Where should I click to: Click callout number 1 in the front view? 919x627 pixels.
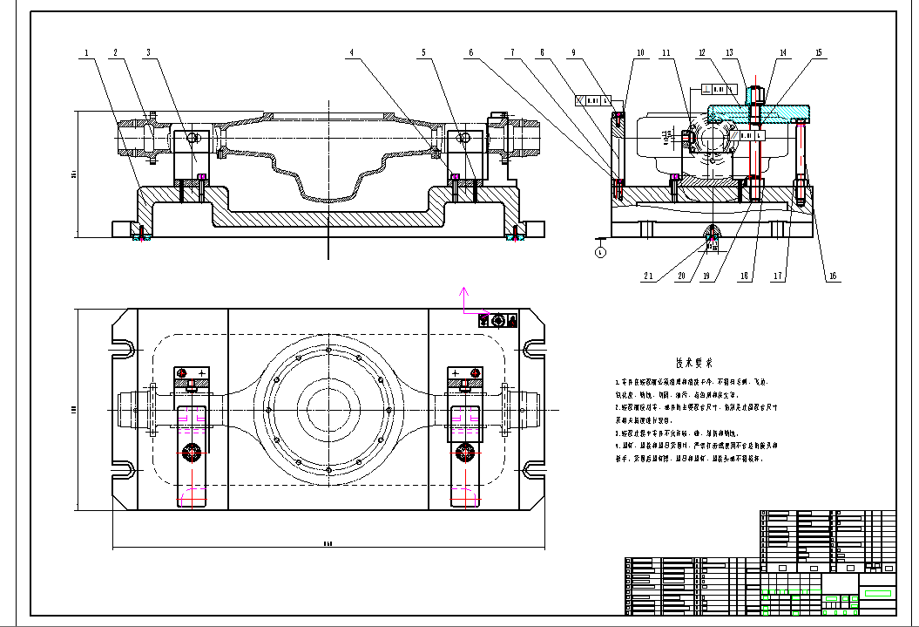[x=86, y=53]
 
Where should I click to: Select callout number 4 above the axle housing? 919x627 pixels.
[x=352, y=53]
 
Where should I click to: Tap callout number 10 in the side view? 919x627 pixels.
[x=640, y=53]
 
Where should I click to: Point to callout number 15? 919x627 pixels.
[x=818, y=53]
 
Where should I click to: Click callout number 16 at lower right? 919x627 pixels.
[x=833, y=276]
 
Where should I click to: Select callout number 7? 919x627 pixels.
[x=514, y=53]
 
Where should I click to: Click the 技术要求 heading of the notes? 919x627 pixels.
[x=694, y=363]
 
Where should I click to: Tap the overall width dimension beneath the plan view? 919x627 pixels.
[x=328, y=542]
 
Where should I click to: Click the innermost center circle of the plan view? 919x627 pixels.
[x=328, y=407]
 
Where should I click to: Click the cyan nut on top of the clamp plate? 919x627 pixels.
[x=756, y=92]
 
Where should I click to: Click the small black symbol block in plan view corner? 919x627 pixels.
[x=498, y=321]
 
